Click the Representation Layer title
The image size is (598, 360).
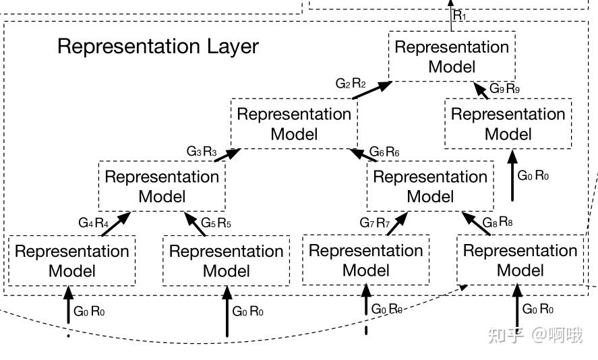pyautogui.click(x=158, y=47)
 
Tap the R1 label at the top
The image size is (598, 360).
pyautogui.click(x=459, y=15)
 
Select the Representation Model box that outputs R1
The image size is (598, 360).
pyautogui.click(x=452, y=57)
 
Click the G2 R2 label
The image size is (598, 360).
pyautogui.click(x=351, y=84)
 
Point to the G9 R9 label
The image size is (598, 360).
pyautogui.click(x=504, y=88)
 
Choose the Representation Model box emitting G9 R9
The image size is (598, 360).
pyautogui.click(x=508, y=124)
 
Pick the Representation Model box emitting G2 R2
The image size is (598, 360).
pyautogui.click(x=294, y=124)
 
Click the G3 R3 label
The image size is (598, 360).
pyautogui.click(x=202, y=152)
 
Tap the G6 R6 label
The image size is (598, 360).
pyautogui.click(x=384, y=152)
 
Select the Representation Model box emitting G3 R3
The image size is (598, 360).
pyautogui.click(x=162, y=187)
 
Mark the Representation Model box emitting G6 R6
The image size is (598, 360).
pyautogui.click(x=430, y=187)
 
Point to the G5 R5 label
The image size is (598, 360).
pyautogui.click(x=216, y=222)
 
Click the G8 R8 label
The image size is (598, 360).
pyautogui.click(x=498, y=222)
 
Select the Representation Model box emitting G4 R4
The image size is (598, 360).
pyautogui.click(x=71, y=261)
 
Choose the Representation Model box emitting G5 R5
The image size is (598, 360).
pyautogui.click(x=226, y=261)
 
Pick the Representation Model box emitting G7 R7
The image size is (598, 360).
pyautogui.click(x=365, y=260)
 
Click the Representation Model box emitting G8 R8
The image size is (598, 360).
pyautogui.click(x=520, y=260)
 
